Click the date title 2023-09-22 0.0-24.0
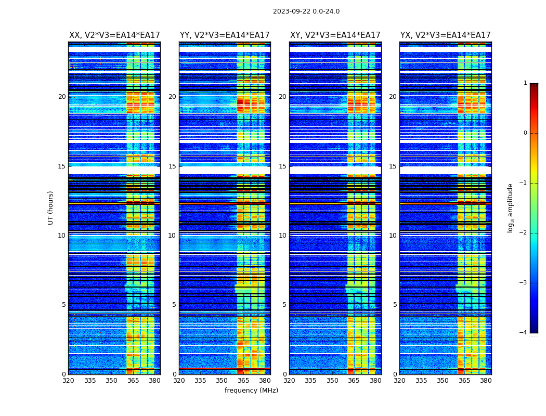click(306, 11)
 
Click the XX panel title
click(114, 35)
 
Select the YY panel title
click(225, 35)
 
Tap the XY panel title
click(335, 35)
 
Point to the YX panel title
click(446, 35)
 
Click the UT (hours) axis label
click(51, 207)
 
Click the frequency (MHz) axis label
click(251, 391)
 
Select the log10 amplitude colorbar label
click(511, 207)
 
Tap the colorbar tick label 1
click(525, 83)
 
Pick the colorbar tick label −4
click(524, 333)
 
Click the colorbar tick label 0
click(525, 133)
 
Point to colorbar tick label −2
click(524, 233)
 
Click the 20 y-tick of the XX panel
click(62, 97)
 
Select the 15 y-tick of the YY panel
click(172, 166)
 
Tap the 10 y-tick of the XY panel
click(282, 236)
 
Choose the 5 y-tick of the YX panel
click(395, 305)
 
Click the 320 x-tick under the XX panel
click(68, 381)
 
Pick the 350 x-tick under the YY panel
click(222, 381)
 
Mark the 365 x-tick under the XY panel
click(354, 381)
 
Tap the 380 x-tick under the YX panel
click(486, 381)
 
